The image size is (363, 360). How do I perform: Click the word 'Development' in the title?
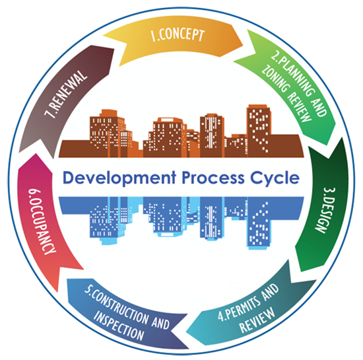[x=119, y=178]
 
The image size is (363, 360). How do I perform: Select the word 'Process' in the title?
[x=213, y=178]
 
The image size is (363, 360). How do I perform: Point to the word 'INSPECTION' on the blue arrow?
[x=119, y=326]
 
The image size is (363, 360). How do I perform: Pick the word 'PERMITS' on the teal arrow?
[x=239, y=307]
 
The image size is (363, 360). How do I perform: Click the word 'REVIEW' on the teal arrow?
[x=257, y=320]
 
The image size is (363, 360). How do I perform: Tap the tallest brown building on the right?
[x=259, y=131]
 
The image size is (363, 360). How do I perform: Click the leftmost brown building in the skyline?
[x=108, y=133]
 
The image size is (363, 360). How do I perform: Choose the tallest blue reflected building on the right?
[x=259, y=223]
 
